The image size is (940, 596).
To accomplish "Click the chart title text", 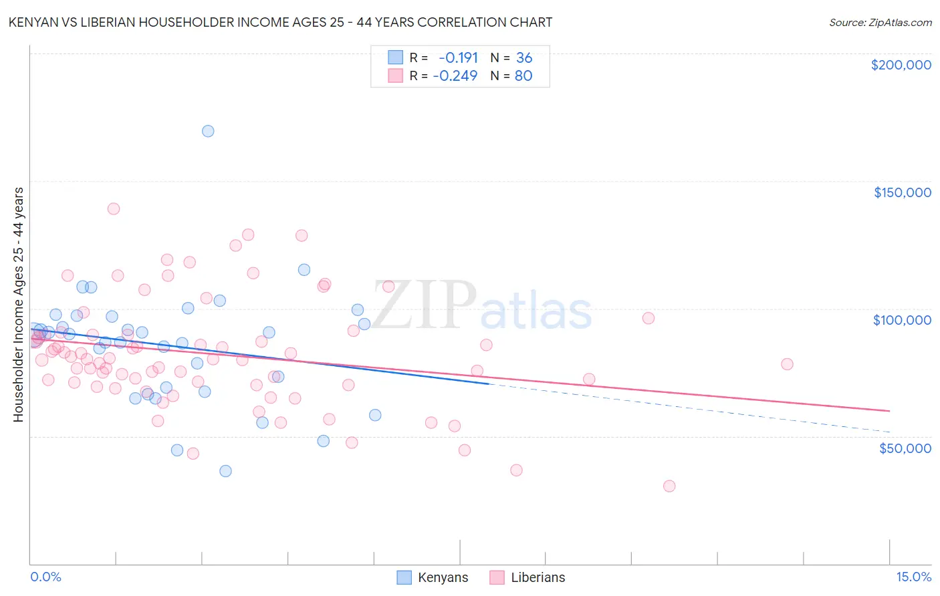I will [x=280, y=22].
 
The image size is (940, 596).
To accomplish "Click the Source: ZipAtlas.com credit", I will [x=880, y=22].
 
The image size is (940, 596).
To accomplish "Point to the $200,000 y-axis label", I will [x=901, y=65].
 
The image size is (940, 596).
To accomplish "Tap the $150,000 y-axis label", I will [x=902, y=192].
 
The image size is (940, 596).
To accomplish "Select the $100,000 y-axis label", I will [x=902, y=320].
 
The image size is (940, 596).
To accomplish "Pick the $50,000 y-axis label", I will [x=905, y=448].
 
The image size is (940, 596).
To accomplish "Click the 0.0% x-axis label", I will [x=45, y=577].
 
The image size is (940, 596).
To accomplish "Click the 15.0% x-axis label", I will [x=913, y=577].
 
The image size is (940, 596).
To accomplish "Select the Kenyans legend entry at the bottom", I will [x=433, y=577].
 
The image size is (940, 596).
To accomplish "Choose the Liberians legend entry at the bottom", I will [x=527, y=577].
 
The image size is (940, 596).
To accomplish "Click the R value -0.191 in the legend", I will [x=458, y=57].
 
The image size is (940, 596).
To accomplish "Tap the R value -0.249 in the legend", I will [x=455, y=76].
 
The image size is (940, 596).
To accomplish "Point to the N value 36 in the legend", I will [x=524, y=57].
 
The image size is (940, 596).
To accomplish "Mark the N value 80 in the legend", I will [x=523, y=76].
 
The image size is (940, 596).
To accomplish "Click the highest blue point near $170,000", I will [x=208, y=131].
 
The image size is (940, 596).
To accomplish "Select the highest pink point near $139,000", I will [x=114, y=208].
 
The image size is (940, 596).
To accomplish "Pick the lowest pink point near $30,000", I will [x=669, y=486].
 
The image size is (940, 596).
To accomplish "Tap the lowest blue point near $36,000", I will [x=225, y=471].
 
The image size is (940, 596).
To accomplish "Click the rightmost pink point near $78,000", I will [x=787, y=364].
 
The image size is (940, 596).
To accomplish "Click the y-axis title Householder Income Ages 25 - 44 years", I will [x=19, y=305].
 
